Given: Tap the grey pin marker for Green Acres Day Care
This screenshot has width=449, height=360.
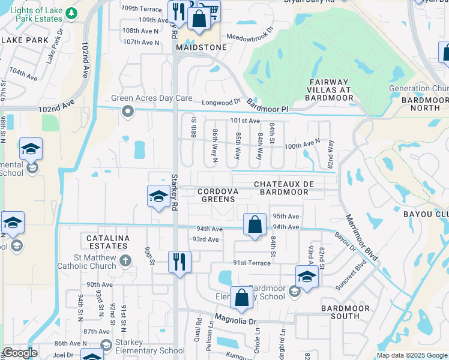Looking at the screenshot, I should click(127, 111).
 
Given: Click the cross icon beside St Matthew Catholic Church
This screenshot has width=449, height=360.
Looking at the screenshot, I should click(125, 260).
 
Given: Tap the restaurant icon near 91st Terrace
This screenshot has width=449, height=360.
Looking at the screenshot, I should click(179, 262).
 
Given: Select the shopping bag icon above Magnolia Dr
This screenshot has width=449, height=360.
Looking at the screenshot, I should click(241, 298).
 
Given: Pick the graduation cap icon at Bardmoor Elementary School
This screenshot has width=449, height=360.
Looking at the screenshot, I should click(307, 277).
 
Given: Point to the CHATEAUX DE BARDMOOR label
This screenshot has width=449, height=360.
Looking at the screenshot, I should click(281, 188).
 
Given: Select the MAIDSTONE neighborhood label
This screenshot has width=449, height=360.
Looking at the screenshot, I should click(202, 47).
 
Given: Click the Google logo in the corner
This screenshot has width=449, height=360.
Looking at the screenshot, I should click(20, 353).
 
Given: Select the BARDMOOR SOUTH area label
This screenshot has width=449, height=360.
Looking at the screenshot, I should click(343, 313).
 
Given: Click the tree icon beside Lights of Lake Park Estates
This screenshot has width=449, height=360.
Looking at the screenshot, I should click(71, 13).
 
